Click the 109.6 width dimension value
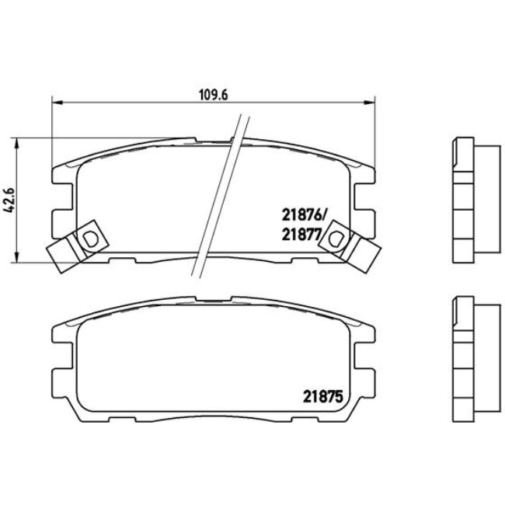pos(214,95)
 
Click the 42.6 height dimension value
pos(9,200)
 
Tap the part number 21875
pos(322,398)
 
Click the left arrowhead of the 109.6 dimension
pos(57,103)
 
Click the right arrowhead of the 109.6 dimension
pos(370,103)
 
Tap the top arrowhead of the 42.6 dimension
pos(16,143)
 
